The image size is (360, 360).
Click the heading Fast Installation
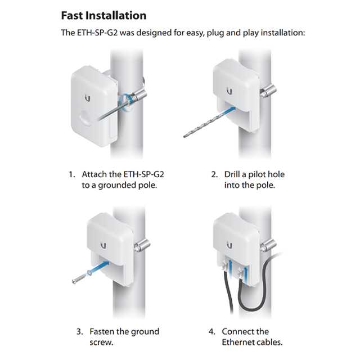coord(103,16)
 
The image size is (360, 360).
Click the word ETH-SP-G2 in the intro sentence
coord(97,33)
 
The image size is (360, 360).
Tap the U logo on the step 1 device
coord(88,98)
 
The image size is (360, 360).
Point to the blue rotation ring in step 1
coord(126,102)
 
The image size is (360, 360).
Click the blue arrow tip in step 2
coord(233,108)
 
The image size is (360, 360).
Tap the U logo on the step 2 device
coord(229,91)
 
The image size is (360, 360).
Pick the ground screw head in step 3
coord(74,281)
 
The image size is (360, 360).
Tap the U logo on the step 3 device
coord(103,245)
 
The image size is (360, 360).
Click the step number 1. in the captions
coord(72,175)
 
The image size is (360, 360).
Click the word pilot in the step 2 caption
coord(259,175)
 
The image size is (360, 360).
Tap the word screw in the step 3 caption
coord(101,343)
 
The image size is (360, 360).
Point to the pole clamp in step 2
coord(268,91)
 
